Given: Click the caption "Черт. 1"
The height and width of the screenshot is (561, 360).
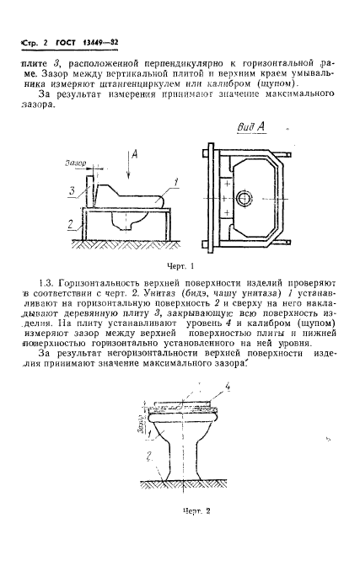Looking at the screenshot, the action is [x=180, y=266].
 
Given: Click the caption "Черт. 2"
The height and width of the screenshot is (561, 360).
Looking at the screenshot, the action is [x=196, y=511].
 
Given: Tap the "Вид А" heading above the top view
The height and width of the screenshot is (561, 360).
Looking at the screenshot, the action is [x=251, y=127].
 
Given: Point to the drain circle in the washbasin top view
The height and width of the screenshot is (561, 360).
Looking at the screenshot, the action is [x=244, y=198].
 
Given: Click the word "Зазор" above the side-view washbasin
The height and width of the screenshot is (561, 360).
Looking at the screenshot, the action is [x=76, y=163].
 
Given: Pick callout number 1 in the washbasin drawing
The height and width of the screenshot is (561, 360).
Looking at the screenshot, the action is [x=175, y=183].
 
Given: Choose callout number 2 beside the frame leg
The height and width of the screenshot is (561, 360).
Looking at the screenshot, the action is [x=71, y=224].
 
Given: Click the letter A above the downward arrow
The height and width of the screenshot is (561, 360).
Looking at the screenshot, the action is [x=135, y=154].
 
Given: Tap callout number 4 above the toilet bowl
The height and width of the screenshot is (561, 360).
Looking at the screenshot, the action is [x=227, y=387].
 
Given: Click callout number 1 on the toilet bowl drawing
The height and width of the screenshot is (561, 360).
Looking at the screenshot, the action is [x=150, y=434].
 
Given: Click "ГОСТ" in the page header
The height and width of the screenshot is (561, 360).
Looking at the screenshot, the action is [x=66, y=43].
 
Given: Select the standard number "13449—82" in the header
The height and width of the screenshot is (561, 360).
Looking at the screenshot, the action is [x=100, y=43].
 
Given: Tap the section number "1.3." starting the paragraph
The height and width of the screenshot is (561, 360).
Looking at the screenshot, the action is [x=46, y=283].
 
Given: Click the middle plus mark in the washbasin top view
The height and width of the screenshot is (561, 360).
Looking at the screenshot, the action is [x=224, y=198].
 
